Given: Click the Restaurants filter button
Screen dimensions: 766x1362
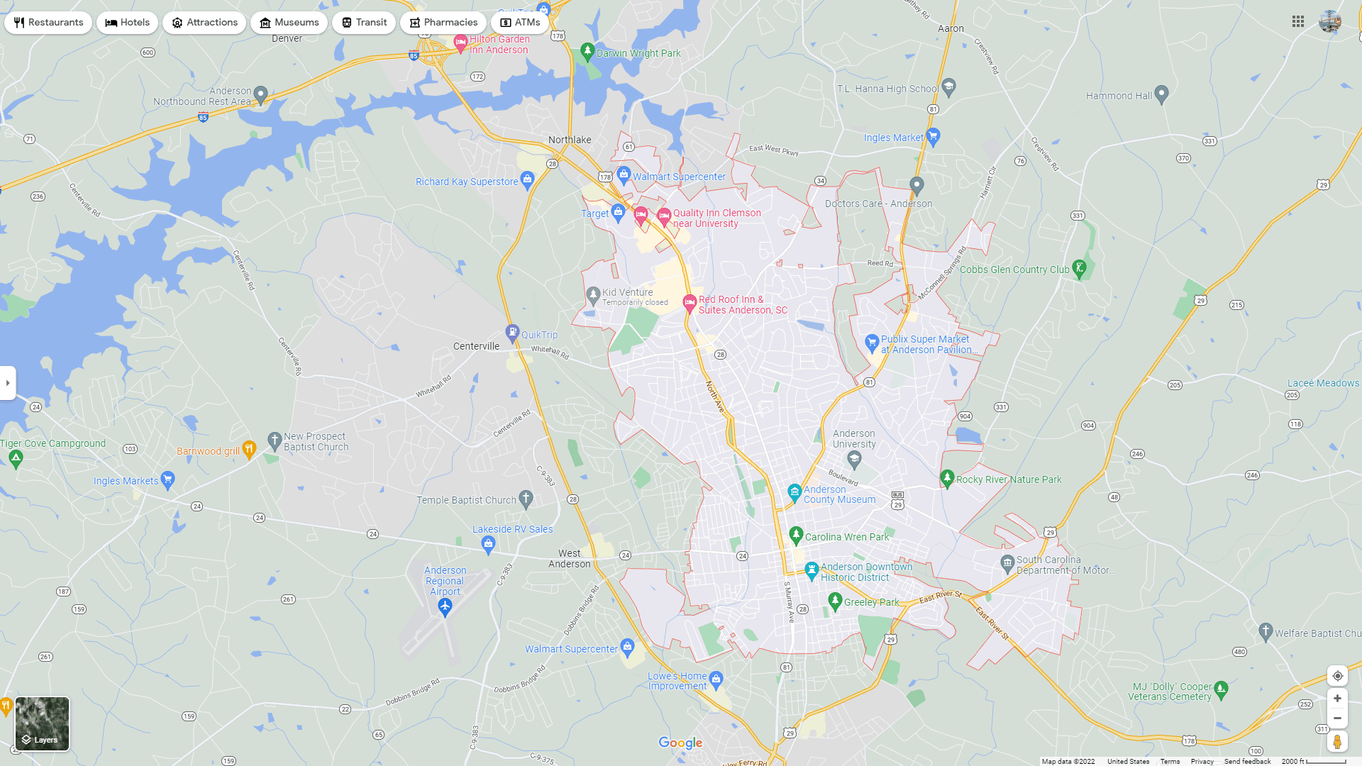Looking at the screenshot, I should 48,23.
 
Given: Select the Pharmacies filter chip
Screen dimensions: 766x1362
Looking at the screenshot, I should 443,23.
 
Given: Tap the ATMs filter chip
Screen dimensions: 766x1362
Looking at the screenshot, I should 520,23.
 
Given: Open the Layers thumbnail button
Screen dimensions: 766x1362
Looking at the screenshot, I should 43,723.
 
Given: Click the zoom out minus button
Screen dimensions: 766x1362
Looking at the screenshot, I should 1337,718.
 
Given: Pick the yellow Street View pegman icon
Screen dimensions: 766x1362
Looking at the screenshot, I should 1337,742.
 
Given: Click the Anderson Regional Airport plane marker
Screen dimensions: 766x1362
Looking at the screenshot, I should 445,606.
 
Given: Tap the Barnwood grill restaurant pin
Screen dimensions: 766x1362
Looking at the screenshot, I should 248,449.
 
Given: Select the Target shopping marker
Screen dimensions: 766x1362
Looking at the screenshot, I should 618,211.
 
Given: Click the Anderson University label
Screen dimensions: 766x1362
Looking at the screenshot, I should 854,439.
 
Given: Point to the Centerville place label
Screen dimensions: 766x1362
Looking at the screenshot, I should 476,346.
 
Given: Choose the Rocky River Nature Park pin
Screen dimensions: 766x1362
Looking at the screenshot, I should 946,478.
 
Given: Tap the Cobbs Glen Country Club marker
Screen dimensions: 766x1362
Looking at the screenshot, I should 1079,268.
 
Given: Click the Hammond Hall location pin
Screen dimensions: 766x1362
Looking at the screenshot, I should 1161,94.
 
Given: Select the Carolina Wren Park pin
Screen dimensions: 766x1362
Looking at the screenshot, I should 796,535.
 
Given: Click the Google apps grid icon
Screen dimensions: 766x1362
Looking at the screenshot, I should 1298,22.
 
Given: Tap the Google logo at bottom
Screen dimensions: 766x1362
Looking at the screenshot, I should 680,743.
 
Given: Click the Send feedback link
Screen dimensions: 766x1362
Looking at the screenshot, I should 1247,761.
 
